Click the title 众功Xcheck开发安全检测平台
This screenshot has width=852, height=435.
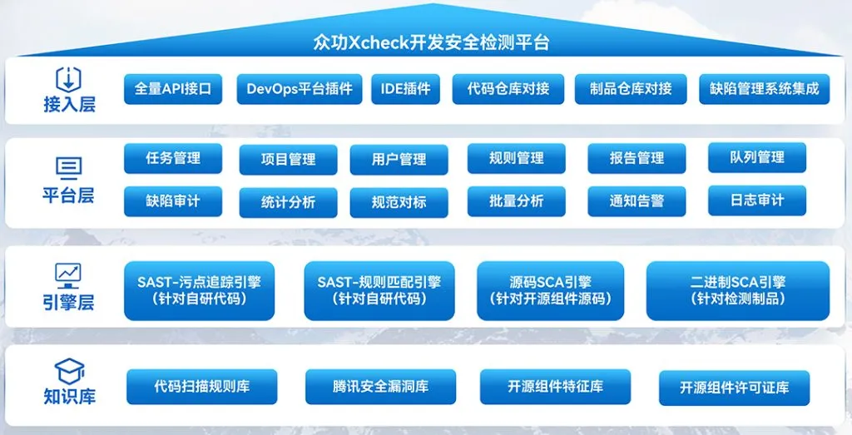tap(431, 42)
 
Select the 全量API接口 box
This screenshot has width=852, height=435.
tap(173, 89)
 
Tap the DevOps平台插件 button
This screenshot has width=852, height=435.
tap(300, 89)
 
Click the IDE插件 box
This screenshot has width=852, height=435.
tap(406, 89)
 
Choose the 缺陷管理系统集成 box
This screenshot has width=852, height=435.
tap(764, 89)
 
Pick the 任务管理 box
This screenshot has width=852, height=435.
tap(173, 159)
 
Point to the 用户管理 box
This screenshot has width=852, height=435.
tap(399, 160)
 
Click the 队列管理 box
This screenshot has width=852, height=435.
tap(757, 157)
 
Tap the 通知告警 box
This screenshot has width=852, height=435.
tap(637, 201)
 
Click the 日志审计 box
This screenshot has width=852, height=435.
tap(757, 200)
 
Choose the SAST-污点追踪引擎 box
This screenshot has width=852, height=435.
tap(200, 290)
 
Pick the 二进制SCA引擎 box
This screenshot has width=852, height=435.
tap(738, 290)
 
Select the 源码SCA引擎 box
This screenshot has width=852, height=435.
tap(551, 290)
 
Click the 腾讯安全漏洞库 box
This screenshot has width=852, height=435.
tap(380, 387)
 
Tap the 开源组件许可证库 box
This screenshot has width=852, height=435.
tap(734, 388)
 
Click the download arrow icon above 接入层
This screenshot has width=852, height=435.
tap(69, 81)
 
